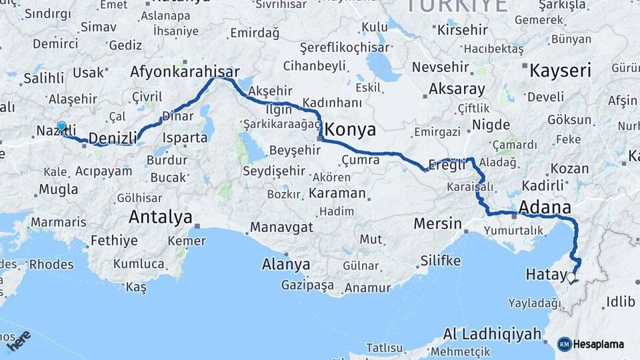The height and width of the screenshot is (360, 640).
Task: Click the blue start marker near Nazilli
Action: click(61, 126)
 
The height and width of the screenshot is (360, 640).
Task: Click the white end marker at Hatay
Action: click(571, 277)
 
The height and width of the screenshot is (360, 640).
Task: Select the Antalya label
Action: click(160, 217)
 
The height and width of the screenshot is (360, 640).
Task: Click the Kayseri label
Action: click(560, 69)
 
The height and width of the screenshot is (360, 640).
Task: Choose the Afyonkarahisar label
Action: click(185, 71)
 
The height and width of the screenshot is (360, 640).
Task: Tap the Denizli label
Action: click(112, 138)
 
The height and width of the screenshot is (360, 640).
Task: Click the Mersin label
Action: click(437, 223)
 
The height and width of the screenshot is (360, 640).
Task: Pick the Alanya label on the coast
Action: click(286, 264)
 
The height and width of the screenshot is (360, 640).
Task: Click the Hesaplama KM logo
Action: click(591, 344)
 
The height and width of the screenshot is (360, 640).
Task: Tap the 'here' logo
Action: click(20, 341)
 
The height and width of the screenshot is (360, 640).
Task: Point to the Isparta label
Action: click(185, 138)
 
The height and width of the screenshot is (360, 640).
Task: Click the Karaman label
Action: click(337, 193)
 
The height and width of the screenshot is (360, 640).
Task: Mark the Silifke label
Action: click(440, 261)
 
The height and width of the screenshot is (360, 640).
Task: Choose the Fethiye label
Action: click(113, 241)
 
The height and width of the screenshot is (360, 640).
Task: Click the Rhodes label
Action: click(51, 264)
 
